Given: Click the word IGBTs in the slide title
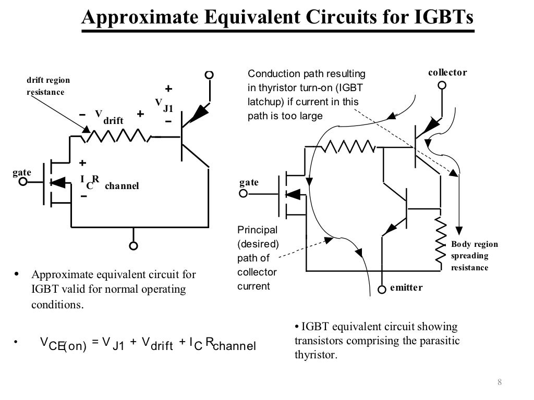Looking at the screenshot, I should [x=443, y=18].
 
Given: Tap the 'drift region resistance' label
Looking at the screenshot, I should [x=48, y=86].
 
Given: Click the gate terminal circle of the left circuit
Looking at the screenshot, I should [x=22, y=182].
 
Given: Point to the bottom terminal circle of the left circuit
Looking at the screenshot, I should [x=134, y=246].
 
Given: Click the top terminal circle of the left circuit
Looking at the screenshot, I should [x=209, y=75].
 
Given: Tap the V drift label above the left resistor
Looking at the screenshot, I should [x=110, y=117].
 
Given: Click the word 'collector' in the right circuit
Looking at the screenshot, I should [x=447, y=72].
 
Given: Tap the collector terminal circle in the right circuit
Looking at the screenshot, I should [x=442, y=85].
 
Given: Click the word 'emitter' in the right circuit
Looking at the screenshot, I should [x=406, y=287].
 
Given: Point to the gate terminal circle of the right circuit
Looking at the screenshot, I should [x=243, y=194].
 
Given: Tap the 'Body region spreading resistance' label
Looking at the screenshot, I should [x=474, y=256].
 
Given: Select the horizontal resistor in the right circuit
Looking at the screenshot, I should [x=348, y=147].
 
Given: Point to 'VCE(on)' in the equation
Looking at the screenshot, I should [x=63, y=345].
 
